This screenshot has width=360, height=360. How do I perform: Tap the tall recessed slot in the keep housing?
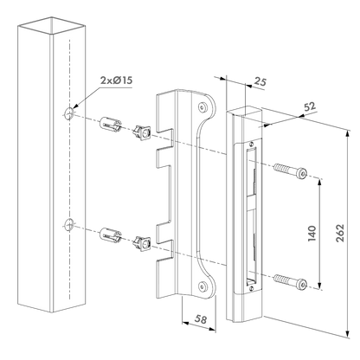point(250,211)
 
